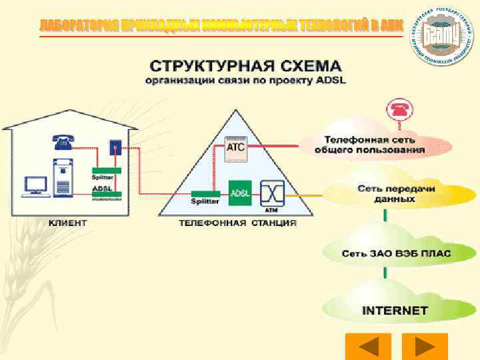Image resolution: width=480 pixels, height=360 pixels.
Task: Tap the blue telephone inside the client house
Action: (64, 141)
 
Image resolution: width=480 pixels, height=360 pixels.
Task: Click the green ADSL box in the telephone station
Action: (239, 193)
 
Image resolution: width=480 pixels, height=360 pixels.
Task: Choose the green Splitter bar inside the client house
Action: (106, 171)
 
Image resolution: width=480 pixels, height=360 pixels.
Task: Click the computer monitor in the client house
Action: (35, 185)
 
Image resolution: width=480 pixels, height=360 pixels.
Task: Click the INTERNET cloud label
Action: (395, 311)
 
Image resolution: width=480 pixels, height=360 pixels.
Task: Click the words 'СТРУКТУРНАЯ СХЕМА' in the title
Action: (245, 67)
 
